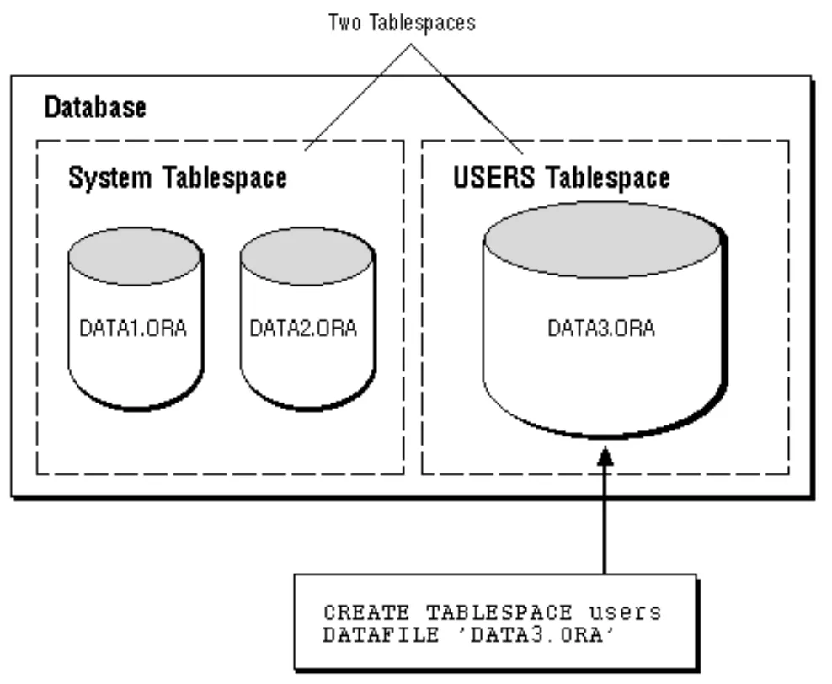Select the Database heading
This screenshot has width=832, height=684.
94,107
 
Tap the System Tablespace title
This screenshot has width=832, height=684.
177,178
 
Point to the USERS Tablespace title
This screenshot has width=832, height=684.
562,178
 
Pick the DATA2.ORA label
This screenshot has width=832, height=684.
303,328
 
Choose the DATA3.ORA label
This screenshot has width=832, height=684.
601,328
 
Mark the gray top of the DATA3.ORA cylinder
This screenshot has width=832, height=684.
601,234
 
